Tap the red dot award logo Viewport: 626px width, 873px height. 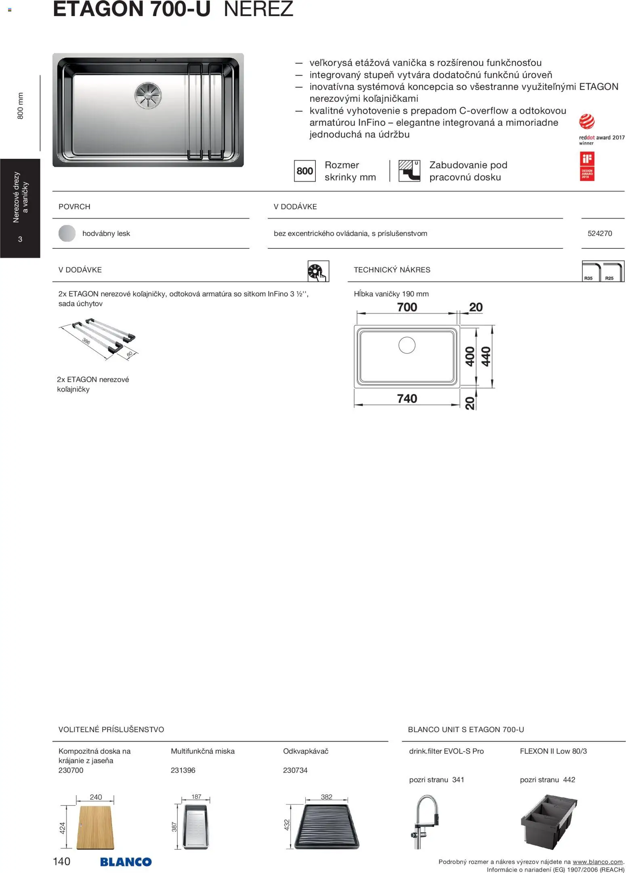pyautogui.click(x=586, y=122)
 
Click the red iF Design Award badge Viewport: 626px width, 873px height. pyautogui.click(x=587, y=166)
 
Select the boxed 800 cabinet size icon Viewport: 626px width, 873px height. pyautogui.click(x=305, y=171)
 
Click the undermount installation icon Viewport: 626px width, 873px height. pyautogui.click(x=409, y=171)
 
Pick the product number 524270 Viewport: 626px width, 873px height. pyautogui.click(x=599, y=234)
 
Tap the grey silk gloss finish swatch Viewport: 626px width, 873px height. pyautogui.click(x=67, y=234)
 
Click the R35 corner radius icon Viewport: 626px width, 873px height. pyautogui.click(x=591, y=271)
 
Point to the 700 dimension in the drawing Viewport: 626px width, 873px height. pyautogui.click(x=407, y=307)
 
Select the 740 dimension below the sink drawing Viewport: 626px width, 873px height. pyautogui.click(x=407, y=399)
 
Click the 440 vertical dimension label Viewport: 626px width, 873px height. pyautogui.click(x=486, y=356)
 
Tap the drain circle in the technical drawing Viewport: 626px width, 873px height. pyautogui.click(x=407, y=345)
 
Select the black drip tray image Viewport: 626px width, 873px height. pyautogui.click(x=326, y=826)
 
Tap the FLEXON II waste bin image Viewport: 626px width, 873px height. pyautogui.click(x=549, y=820)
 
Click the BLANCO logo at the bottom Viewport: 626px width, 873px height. pyautogui.click(x=126, y=862)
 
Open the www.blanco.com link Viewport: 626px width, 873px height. pyautogui.click(x=597, y=862)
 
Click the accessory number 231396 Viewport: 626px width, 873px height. pyautogui.click(x=183, y=770)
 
